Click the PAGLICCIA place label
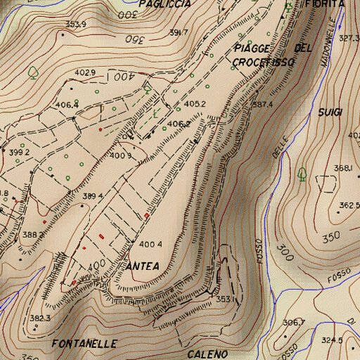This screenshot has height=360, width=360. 165,4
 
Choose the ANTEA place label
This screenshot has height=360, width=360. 143,266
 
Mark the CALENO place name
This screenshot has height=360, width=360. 207,354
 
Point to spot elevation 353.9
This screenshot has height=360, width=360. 75,25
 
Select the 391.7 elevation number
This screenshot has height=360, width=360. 179,33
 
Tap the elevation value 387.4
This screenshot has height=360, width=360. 262,104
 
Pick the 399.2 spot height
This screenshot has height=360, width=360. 20,152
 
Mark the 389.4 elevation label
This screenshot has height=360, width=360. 93,195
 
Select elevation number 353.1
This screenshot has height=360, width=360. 226,299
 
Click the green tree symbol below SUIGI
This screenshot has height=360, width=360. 302,173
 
